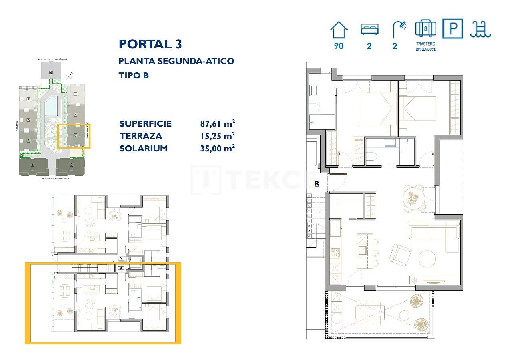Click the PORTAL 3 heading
point(150,44)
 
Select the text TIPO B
point(134,75)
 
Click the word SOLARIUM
point(143,148)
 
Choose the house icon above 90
point(339,30)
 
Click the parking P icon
point(453,29)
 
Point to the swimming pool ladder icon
point(480,29)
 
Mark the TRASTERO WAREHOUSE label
point(425,46)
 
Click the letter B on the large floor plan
point(317,184)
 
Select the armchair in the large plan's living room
point(400,254)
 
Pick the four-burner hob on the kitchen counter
point(335,253)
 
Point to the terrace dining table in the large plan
point(369,313)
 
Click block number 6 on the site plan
point(51,72)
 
